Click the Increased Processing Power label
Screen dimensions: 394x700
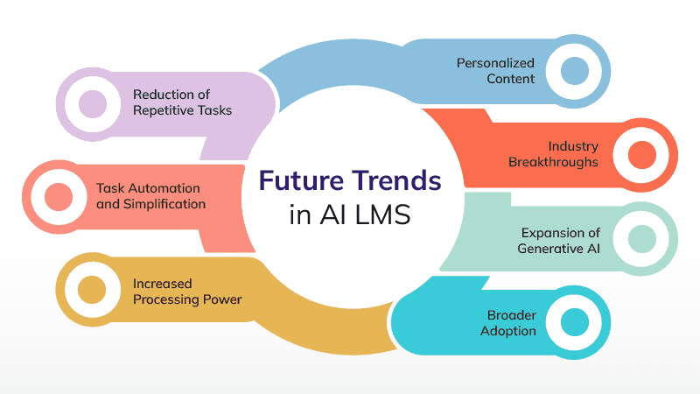pos(187,291)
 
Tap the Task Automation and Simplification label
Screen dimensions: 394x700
pos(150,196)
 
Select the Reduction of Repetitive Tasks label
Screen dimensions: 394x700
pos(183,102)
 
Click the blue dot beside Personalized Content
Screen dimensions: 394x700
pos(573,70)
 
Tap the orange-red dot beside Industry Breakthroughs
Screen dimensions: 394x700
pos(642,154)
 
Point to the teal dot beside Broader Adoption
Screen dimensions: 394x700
pos(574,322)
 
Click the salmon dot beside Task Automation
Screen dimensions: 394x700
pos(58,196)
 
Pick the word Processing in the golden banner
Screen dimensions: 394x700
pos(168,299)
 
